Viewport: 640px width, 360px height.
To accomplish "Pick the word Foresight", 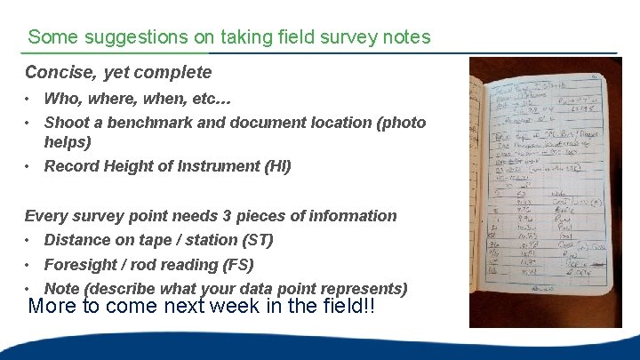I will [x=83, y=265].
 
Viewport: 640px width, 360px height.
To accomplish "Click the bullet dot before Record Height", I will [x=29, y=166].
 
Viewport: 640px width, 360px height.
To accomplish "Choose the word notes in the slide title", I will [x=407, y=37].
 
